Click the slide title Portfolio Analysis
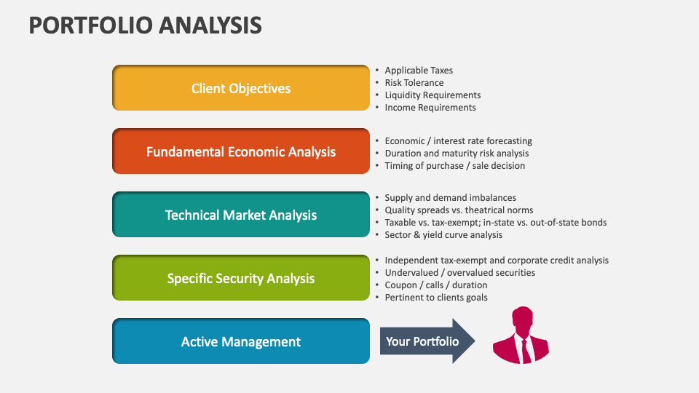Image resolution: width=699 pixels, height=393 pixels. (x=145, y=25)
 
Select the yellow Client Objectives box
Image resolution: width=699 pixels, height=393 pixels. (x=241, y=88)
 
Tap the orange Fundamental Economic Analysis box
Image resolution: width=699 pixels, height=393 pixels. (x=241, y=151)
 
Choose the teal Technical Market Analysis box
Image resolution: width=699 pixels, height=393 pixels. (x=241, y=215)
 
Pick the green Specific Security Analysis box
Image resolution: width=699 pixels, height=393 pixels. (x=241, y=278)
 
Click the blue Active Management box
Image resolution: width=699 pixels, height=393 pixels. (x=241, y=341)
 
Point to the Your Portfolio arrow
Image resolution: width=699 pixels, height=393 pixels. (x=426, y=341)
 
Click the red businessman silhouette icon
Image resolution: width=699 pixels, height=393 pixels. (x=521, y=336)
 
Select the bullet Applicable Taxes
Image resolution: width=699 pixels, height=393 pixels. (x=419, y=71)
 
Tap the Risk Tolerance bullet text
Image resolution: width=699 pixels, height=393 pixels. (x=414, y=83)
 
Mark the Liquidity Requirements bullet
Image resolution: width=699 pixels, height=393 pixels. (x=433, y=95)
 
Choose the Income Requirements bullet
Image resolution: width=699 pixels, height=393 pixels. (x=430, y=108)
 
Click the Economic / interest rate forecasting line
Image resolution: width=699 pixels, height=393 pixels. (x=458, y=141)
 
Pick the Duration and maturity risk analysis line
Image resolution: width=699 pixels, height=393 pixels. (x=457, y=154)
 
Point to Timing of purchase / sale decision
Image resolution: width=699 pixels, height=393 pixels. (x=454, y=166)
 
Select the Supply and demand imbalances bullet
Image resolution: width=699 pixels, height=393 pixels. (x=450, y=198)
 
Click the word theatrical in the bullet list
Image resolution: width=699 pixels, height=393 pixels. (x=486, y=210)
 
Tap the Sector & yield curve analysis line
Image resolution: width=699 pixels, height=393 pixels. (x=443, y=235)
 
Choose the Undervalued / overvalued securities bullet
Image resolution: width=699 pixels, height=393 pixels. (x=459, y=273)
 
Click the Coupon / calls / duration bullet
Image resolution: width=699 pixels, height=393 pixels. (x=436, y=285)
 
